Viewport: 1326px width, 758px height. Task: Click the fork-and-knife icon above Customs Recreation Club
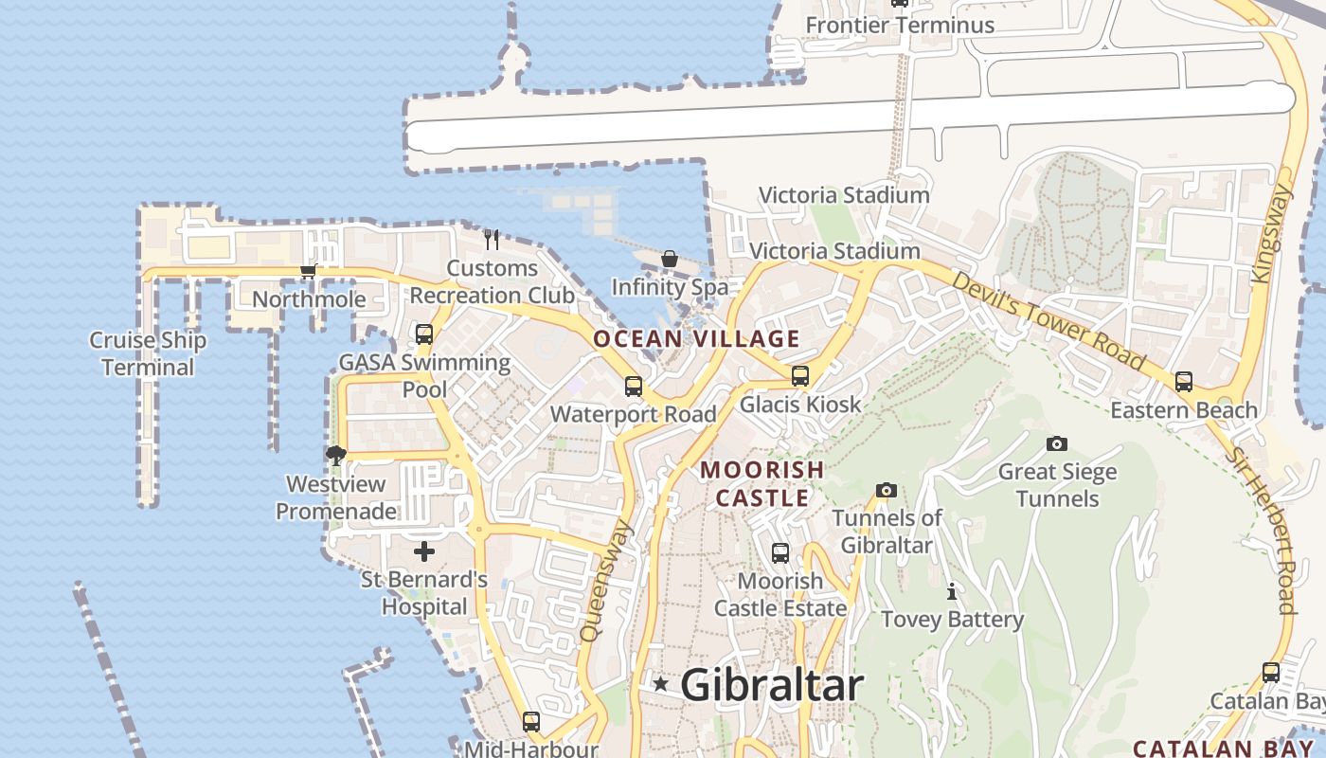point(491,239)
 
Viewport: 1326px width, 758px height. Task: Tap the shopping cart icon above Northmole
point(308,272)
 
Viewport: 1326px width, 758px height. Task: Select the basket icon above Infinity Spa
point(670,259)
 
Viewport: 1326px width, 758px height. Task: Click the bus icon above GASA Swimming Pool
point(424,334)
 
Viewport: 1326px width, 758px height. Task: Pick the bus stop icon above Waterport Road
point(634,387)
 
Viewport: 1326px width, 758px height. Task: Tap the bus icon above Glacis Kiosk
point(800,376)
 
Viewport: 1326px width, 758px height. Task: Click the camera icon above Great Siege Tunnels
point(1057,443)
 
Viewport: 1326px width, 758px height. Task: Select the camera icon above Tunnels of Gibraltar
point(887,490)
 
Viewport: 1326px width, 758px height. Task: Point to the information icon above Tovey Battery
point(952,592)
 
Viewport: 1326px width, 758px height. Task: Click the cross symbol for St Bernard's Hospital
point(424,550)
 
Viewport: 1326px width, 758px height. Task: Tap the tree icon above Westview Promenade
point(335,456)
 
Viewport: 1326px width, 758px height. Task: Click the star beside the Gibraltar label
point(661,683)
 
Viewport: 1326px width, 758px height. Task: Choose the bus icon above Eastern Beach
point(1184,382)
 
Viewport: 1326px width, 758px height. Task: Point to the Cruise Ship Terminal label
point(148,353)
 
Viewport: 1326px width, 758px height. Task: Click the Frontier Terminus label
point(900,25)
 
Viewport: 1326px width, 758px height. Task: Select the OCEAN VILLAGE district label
point(696,339)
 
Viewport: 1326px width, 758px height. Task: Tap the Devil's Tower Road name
point(1048,320)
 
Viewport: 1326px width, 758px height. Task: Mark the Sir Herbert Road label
point(1263,530)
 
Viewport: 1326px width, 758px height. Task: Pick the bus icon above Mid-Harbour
point(531,722)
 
